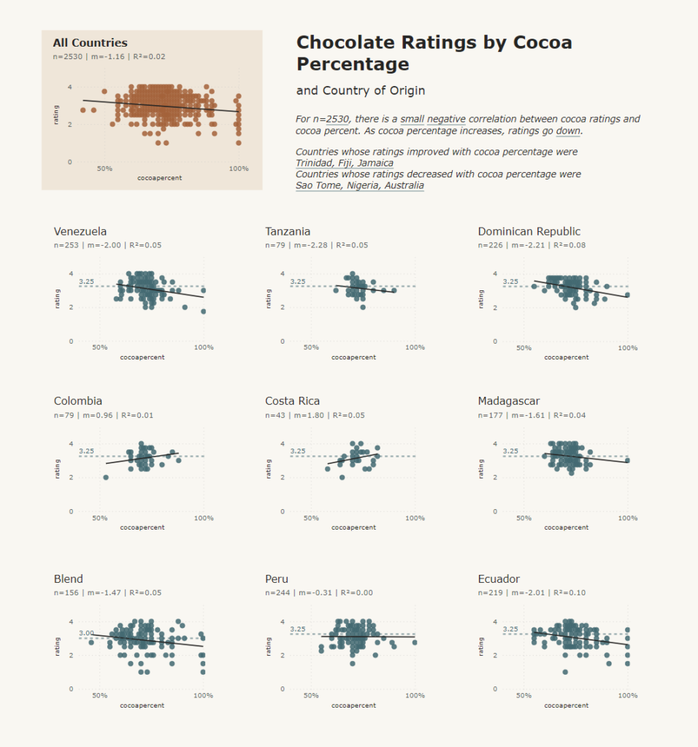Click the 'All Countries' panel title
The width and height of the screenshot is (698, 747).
[x=90, y=43]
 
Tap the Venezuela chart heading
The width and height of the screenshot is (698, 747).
[x=80, y=231]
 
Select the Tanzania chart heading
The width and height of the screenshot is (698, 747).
[x=288, y=231]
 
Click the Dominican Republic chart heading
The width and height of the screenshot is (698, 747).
[x=529, y=231]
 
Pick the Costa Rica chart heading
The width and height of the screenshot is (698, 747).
[x=292, y=400]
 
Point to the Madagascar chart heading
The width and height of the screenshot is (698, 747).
[x=509, y=400]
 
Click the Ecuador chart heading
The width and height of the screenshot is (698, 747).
[x=499, y=578]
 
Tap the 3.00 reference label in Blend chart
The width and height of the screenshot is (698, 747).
[x=86, y=633]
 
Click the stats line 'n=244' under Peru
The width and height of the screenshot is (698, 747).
[x=319, y=593]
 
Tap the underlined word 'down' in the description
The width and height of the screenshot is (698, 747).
[x=568, y=131]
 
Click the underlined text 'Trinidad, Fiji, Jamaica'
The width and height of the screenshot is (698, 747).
[x=345, y=163]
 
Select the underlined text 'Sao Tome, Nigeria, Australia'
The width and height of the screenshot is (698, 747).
[x=359, y=185]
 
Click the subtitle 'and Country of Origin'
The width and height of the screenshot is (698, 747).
[x=361, y=91]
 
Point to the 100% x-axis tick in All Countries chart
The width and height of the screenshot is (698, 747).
[x=239, y=169]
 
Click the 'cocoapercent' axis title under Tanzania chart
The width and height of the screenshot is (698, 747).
[x=353, y=357]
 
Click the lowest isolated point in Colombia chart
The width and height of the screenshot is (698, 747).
[x=106, y=478]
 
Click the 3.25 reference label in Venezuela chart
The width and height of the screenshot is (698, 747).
[x=86, y=282]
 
